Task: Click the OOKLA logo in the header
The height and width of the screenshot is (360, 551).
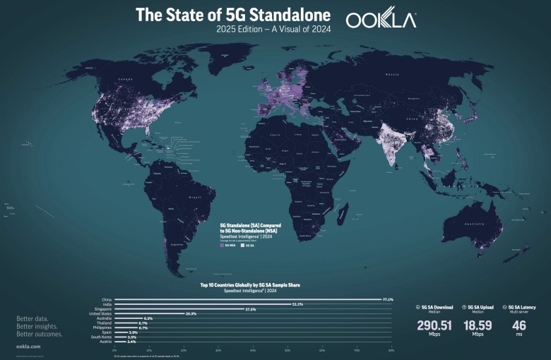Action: (381, 20)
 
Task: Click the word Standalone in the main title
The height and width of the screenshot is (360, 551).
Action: (287, 14)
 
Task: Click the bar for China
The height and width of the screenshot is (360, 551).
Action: (247, 299)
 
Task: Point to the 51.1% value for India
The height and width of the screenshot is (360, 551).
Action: (297, 304)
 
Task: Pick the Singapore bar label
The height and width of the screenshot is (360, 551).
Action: (104, 309)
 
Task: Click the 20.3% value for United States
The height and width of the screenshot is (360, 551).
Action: (190, 314)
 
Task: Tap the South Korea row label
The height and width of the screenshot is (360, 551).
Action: (102, 337)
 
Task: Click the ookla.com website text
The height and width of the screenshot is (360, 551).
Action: (28, 347)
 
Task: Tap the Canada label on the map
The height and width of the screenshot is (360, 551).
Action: (126, 80)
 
